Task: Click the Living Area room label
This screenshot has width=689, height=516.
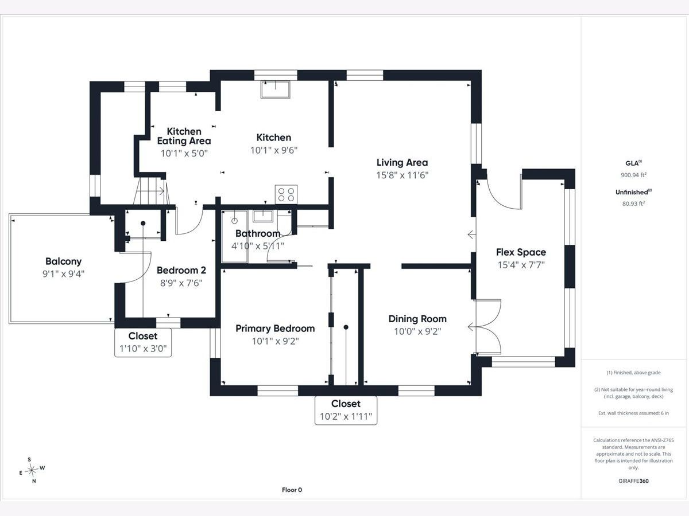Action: (x=402, y=162)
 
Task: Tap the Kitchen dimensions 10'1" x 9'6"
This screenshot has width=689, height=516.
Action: (x=274, y=150)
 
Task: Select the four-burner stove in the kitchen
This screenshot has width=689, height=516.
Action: (x=286, y=194)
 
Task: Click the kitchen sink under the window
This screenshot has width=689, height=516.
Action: (x=275, y=89)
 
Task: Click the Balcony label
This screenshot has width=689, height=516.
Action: (x=63, y=261)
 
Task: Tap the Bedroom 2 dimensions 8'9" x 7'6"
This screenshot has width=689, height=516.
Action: (x=181, y=283)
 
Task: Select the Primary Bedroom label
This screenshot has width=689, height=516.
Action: (x=275, y=329)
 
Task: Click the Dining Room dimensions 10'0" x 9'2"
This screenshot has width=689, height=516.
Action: (x=417, y=331)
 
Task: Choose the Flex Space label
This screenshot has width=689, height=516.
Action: (x=521, y=252)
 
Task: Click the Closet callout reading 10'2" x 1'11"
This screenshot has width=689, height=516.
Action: (x=346, y=411)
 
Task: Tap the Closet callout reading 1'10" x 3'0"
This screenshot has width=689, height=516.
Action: (x=143, y=342)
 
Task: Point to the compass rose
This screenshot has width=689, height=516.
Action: (x=32, y=470)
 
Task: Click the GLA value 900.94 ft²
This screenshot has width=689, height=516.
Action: (x=633, y=175)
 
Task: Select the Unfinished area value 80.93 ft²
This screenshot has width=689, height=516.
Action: (x=633, y=204)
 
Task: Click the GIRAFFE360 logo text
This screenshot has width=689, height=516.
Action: (x=633, y=480)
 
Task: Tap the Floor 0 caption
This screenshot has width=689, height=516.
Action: (x=292, y=490)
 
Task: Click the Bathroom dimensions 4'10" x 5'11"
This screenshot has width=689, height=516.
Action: (x=258, y=246)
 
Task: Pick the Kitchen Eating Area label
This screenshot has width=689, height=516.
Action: (x=184, y=136)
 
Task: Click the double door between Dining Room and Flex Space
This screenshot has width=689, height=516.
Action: (x=488, y=327)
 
